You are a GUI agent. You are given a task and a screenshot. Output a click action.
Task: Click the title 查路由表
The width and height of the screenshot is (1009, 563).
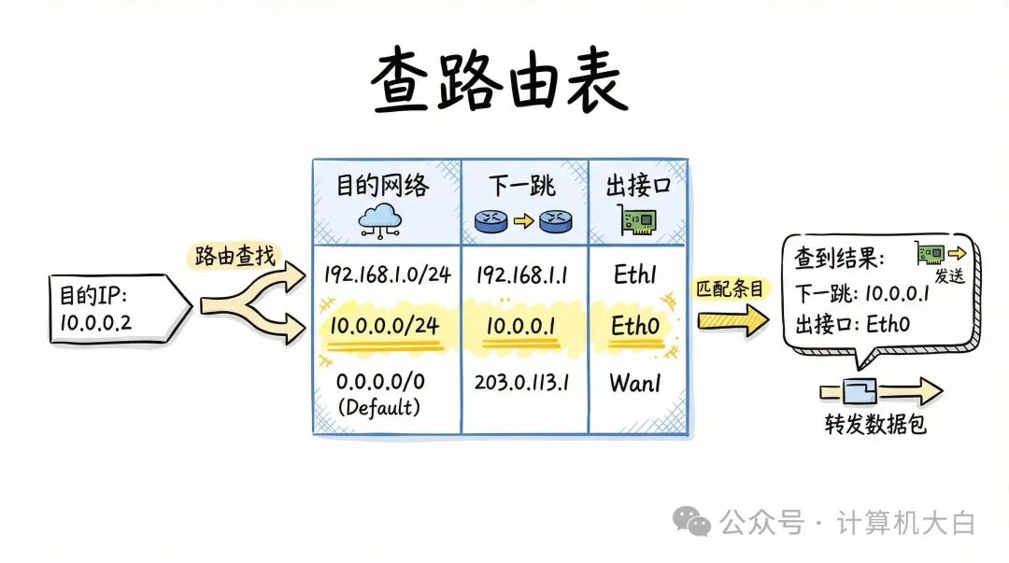[x=500, y=82]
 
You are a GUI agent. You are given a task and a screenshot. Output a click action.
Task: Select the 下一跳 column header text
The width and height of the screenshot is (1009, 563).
[x=523, y=186]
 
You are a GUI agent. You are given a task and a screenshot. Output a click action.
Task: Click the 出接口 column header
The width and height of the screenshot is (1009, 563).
[x=638, y=186]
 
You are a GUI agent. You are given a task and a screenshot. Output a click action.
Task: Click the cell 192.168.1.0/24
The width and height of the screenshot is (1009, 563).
[x=387, y=274]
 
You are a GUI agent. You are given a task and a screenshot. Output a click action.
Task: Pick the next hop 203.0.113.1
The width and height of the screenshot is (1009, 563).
[x=524, y=383]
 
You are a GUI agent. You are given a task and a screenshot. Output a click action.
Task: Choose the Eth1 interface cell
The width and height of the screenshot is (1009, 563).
[x=637, y=274]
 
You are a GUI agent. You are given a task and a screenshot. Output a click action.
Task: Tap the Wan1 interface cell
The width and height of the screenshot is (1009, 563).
[x=637, y=383]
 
